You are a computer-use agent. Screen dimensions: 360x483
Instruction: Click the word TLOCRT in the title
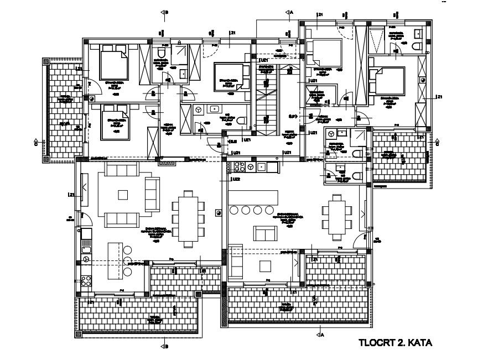375,343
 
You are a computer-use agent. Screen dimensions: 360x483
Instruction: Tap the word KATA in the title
419,343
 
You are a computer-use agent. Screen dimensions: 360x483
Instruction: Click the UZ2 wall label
236,179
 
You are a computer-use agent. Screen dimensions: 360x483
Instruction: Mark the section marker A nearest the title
321,334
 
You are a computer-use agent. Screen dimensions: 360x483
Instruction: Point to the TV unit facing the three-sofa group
84,184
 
